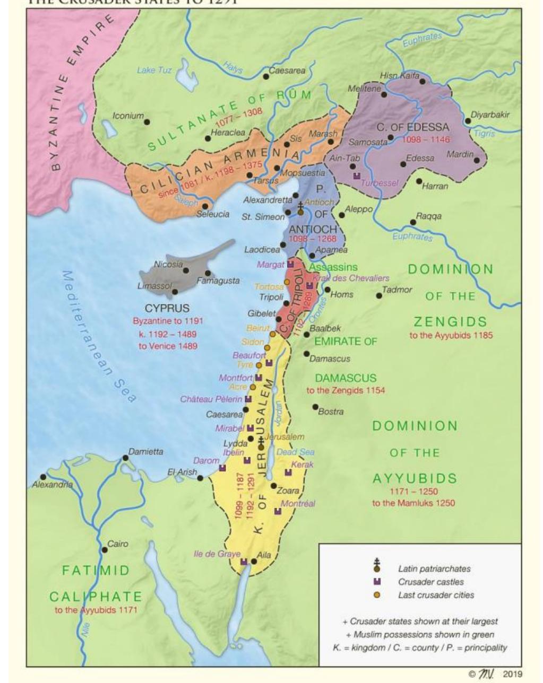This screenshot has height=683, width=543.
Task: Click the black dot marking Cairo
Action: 105,550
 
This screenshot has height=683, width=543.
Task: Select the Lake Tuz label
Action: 154,70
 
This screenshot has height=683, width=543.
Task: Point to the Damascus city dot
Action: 306,354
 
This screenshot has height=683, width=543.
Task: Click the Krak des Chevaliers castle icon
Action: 309,286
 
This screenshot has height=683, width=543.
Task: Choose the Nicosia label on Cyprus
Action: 168,264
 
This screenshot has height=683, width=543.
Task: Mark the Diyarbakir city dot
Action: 468,121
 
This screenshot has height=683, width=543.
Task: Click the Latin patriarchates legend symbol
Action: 377,566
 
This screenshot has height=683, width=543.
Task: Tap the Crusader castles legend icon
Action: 377,582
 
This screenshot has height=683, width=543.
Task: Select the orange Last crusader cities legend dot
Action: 377,595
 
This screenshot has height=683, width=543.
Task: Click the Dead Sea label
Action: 295,452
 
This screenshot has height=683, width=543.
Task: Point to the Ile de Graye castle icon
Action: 244,562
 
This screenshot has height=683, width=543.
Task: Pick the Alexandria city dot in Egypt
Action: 43,477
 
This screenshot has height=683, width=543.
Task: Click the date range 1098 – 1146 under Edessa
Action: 425,140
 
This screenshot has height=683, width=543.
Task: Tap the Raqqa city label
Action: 429,216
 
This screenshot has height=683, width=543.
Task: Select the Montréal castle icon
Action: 278,511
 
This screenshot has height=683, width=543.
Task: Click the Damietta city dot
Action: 125,458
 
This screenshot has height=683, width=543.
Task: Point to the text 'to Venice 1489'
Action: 168,346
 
